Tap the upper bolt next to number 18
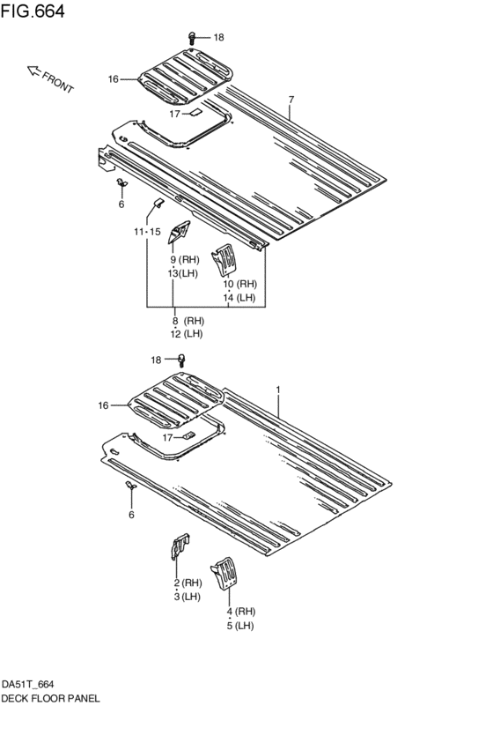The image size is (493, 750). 192,37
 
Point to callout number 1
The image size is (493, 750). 278,389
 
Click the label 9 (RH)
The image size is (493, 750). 186,260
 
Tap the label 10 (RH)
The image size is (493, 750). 239,284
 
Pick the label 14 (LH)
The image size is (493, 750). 239,298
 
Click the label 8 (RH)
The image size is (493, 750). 187,321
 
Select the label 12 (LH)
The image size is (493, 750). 187,334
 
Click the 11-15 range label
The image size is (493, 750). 147,232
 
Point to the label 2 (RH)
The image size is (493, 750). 188,583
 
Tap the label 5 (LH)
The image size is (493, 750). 240,626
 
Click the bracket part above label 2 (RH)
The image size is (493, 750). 179,547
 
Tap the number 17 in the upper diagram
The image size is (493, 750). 174,114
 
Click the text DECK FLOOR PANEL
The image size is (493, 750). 50,698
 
